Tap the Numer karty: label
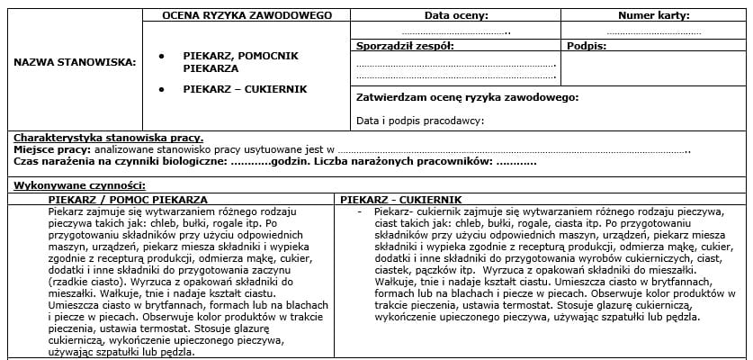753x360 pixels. [654, 15]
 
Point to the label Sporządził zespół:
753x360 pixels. [405, 45]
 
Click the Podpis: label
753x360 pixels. [587, 45]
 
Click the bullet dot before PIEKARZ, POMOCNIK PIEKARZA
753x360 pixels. [161, 56]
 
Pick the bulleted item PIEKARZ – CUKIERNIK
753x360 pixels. [245, 89]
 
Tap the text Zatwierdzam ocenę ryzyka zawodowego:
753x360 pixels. [467, 97]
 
